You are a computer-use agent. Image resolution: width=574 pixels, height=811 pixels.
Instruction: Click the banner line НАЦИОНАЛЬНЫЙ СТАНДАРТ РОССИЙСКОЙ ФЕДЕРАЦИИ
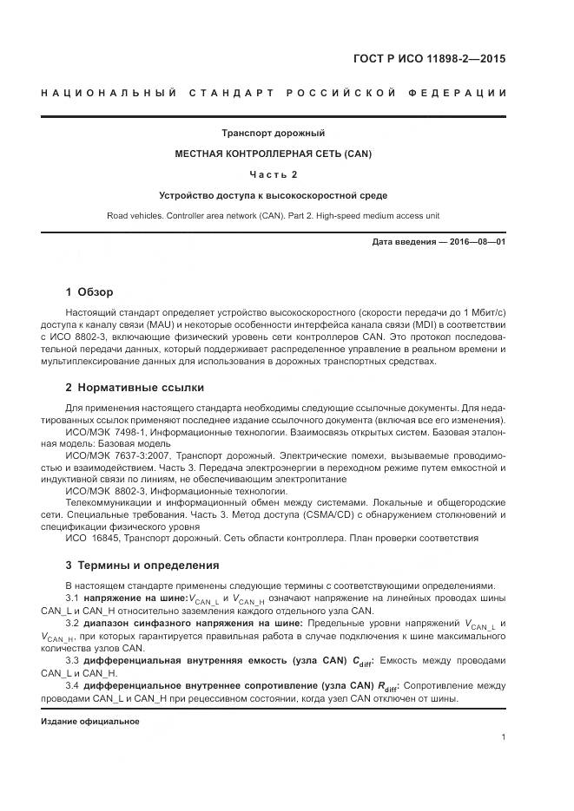286,93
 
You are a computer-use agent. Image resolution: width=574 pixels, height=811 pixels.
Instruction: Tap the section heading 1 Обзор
89,291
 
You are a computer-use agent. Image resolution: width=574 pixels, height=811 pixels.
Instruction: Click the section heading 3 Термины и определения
142,566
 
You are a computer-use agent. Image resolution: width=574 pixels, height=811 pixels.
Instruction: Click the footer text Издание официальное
89,721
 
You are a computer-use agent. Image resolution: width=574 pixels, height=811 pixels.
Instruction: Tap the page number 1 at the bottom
503,737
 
